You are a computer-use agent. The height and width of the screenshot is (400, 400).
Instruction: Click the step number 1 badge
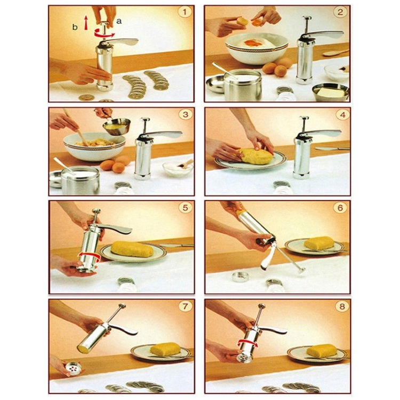tap(185, 12)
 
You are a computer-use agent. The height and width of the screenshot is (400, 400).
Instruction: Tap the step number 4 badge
tap(342, 115)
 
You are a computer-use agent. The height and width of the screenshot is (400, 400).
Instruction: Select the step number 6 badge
tap(340, 208)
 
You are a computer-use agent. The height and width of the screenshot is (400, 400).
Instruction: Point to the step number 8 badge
tap(342, 306)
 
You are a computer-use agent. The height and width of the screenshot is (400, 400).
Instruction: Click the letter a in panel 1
tap(119, 21)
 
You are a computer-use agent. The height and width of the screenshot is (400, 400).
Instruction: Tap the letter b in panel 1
tap(75, 27)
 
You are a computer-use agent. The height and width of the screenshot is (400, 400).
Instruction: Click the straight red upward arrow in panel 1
tap(86, 23)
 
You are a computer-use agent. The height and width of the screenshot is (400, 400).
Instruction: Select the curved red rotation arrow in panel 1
tap(104, 33)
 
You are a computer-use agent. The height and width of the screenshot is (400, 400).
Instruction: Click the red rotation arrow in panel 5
tap(89, 255)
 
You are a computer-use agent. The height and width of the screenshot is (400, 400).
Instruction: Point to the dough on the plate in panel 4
tap(255, 156)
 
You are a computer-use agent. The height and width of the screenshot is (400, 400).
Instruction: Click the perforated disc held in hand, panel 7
tap(74, 367)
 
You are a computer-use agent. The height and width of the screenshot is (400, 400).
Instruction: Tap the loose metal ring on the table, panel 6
tap(240, 276)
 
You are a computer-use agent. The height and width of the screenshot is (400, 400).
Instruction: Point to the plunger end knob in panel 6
tap(302, 270)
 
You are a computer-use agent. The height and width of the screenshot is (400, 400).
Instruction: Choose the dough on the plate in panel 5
tap(132, 249)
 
